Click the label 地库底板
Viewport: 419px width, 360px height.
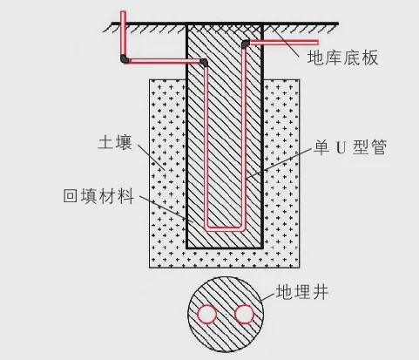(343, 58)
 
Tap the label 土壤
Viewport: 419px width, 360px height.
(115, 142)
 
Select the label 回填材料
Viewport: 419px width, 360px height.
(98, 196)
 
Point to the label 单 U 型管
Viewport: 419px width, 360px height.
(350, 147)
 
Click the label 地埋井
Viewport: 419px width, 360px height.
(302, 292)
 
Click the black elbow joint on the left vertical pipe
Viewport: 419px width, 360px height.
(125, 59)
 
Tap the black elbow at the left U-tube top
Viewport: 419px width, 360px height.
(204, 62)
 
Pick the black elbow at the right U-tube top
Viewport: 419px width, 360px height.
(246, 44)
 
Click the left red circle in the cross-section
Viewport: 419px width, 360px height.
(207, 314)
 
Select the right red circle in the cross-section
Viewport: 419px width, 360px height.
(245, 314)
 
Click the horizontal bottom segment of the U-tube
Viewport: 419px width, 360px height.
(225, 228)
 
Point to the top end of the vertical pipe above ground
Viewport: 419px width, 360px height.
(123, 12)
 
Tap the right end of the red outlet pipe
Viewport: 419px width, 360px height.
(318, 43)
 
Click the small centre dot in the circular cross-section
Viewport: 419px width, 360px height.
(226, 314)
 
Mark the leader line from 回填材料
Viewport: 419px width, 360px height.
(163, 207)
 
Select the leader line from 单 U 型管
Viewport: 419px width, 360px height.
(280, 163)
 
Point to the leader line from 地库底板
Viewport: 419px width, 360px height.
(285, 44)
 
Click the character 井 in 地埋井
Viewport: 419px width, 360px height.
(320, 292)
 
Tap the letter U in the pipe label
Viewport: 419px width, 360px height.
(341, 147)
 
